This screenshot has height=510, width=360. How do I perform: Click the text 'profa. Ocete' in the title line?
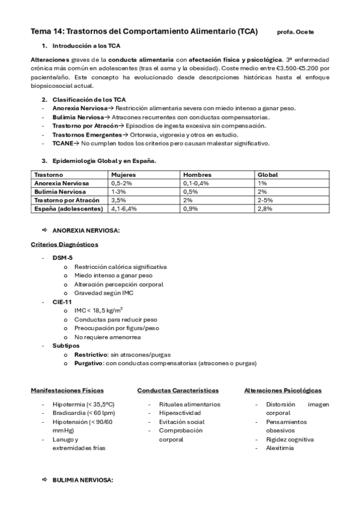pos(295,32)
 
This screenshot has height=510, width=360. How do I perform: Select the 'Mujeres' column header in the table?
pos(123,174)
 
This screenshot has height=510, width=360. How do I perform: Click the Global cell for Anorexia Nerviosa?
pos(262,183)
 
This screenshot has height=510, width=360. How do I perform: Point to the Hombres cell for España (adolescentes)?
pos(191,208)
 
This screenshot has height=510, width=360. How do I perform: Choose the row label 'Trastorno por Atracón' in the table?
pos(67,200)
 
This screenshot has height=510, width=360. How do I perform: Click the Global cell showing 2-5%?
pos(265,200)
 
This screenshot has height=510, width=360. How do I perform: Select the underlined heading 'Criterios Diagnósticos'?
pos(64,244)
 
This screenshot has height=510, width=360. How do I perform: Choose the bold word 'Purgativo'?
pos(89,363)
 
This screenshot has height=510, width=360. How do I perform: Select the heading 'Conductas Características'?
pos(177,391)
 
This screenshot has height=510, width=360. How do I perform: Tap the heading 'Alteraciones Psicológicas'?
pos(282,391)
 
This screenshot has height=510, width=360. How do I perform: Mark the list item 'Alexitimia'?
pos(280,448)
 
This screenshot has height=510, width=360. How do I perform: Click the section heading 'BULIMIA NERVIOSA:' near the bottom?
pos(82,481)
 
